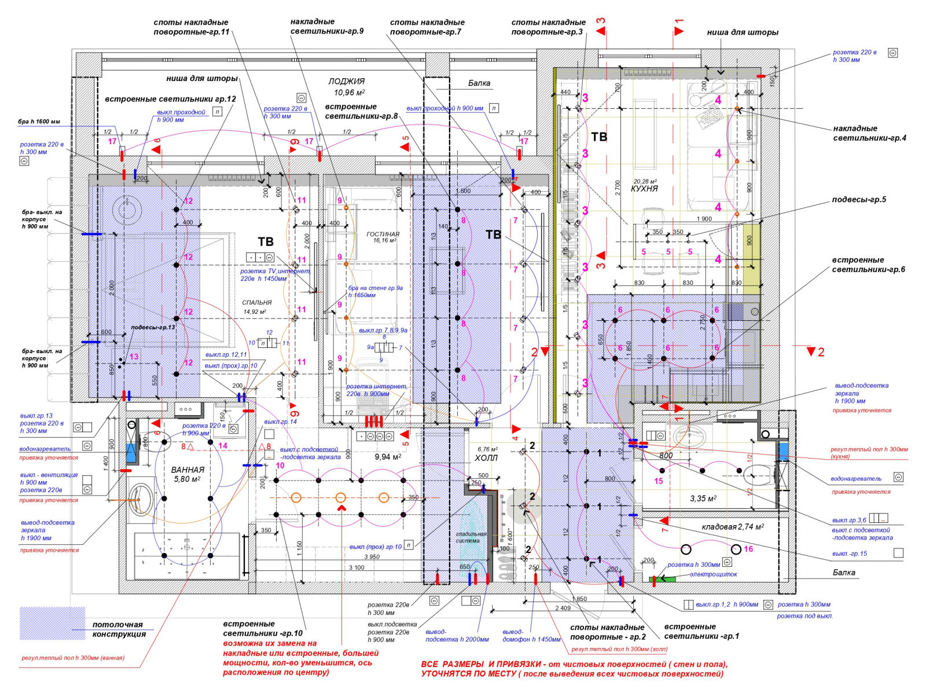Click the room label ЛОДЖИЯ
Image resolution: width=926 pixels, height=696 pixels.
[346, 82]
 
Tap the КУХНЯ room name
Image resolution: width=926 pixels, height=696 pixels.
[644, 189]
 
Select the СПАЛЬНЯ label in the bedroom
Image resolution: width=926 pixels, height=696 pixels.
[257, 302]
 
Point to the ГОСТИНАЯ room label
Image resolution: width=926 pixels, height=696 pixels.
[383, 234]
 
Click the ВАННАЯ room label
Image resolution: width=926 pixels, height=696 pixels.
[188, 470]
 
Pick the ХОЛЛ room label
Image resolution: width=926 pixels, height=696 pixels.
[486, 458]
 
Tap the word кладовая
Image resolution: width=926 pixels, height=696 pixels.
[718, 527]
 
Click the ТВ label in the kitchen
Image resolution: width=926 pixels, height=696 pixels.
[599, 137]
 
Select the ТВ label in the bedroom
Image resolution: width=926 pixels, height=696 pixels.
[266, 242]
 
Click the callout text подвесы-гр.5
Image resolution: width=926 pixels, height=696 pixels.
[859, 200]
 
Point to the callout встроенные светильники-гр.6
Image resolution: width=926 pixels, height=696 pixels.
[868, 265]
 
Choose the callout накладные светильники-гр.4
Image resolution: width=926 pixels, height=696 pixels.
[869, 133]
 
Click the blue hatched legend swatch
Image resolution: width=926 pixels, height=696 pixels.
[52, 623]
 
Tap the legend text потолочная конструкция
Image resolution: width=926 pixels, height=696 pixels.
[119, 629]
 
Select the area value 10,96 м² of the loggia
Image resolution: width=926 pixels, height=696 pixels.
[349, 93]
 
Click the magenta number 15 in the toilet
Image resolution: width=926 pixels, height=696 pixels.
[659, 481]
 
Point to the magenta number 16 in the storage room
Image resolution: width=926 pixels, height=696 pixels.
[748, 549]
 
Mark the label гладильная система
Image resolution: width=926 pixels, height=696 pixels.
[471, 537]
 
